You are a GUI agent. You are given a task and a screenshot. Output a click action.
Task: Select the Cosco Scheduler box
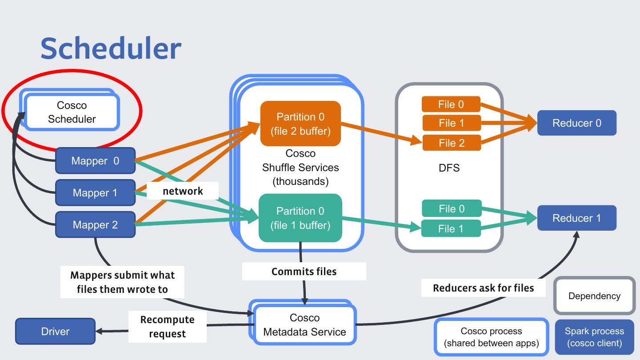click(x=72, y=112)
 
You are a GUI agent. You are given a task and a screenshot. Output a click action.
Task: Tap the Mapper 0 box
click(x=95, y=161)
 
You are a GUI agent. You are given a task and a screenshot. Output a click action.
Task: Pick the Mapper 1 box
click(x=95, y=193)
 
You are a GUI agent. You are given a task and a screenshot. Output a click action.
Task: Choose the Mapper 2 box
click(x=95, y=225)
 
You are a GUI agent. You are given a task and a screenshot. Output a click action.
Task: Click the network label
click(x=183, y=191)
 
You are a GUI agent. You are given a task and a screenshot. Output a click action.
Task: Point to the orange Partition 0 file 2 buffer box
click(x=300, y=124)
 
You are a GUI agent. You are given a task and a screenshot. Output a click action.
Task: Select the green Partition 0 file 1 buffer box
click(x=300, y=218)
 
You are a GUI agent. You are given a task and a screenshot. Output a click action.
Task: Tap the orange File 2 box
click(x=452, y=143)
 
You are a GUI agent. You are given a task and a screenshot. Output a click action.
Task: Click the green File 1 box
click(x=451, y=228)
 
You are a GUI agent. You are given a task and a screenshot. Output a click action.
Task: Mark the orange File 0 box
click(x=451, y=104)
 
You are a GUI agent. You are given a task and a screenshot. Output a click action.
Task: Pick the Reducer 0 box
click(x=576, y=123)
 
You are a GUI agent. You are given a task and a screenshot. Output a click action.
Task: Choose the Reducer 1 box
click(x=576, y=218)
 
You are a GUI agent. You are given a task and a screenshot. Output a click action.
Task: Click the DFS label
click(x=449, y=168)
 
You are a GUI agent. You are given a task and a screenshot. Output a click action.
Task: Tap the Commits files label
click(x=304, y=271)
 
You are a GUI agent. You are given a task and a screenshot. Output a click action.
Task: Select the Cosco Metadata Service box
click(x=304, y=325)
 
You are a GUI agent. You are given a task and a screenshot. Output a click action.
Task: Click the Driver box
click(x=55, y=331)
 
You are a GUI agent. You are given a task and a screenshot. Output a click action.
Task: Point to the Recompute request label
click(x=167, y=327)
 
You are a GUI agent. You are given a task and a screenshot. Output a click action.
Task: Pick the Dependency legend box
click(x=594, y=296)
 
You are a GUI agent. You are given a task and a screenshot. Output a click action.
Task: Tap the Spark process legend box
click(x=594, y=337)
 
